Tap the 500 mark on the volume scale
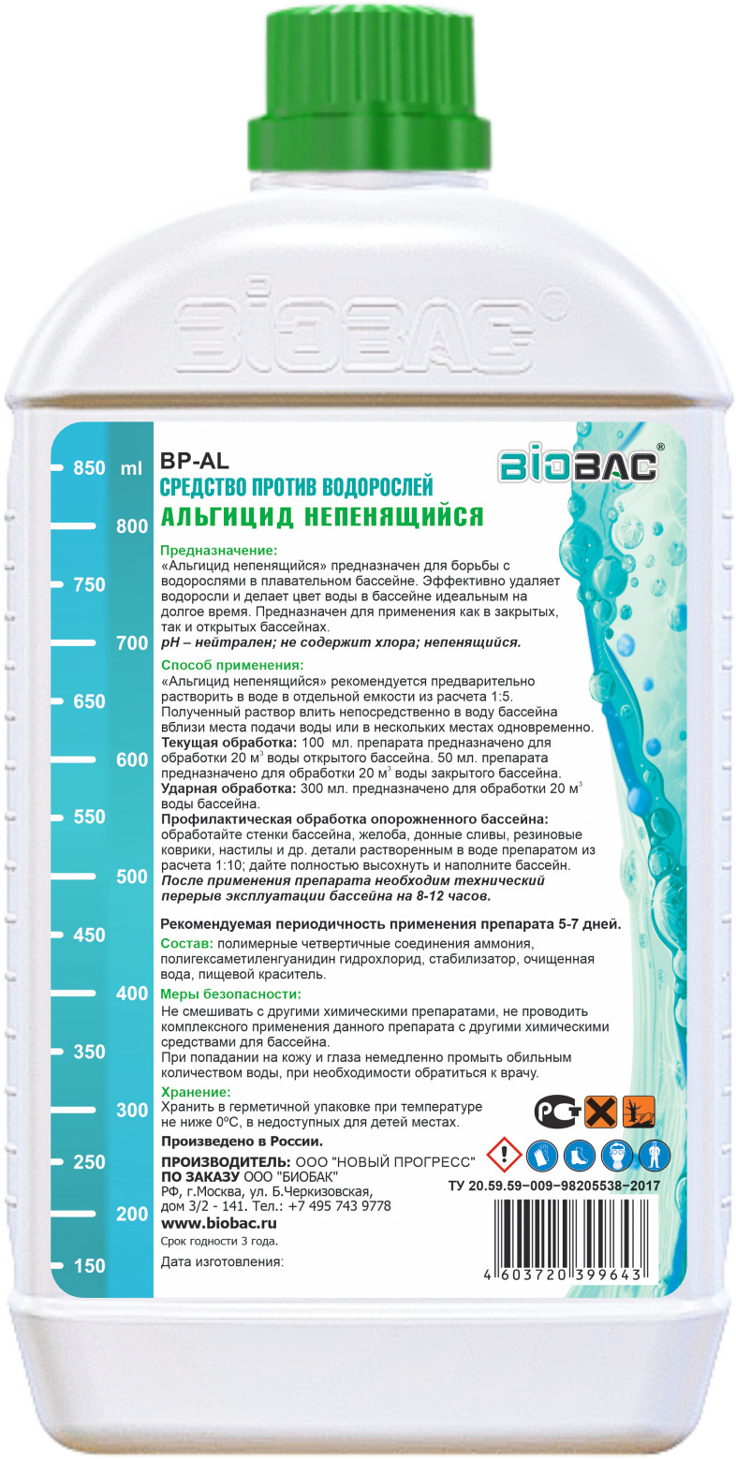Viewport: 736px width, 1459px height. (132, 876)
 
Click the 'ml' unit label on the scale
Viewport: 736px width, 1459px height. (131, 468)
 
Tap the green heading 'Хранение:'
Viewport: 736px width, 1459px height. (196, 1092)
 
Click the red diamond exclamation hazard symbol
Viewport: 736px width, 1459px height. (506, 1154)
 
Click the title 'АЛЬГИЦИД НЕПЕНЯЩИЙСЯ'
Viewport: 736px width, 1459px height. (321, 516)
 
